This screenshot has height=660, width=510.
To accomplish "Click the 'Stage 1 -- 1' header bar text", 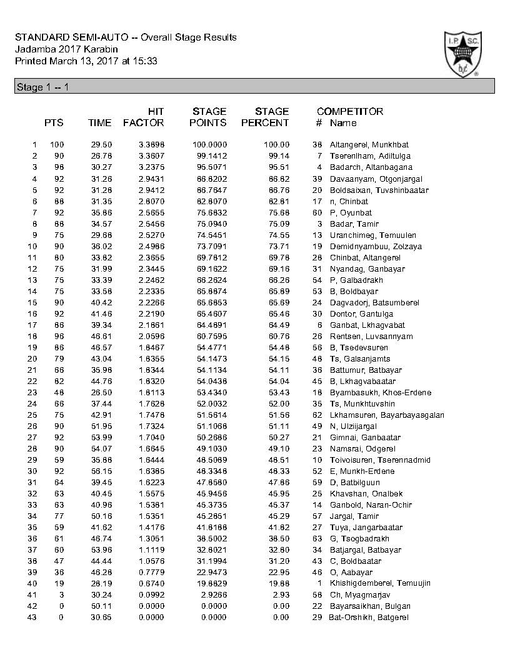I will pyautogui.click(x=41, y=87).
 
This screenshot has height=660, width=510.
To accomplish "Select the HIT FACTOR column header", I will pyautogui.click(x=144, y=117).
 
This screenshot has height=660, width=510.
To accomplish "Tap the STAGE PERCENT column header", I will pyautogui.click(x=265, y=117).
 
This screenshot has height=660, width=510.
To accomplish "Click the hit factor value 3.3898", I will pyautogui.click(x=151, y=144).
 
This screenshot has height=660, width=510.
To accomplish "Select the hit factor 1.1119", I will pyautogui.click(x=151, y=549).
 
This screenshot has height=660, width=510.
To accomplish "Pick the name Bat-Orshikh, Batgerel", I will pyautogui.click(x=369, y=616).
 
